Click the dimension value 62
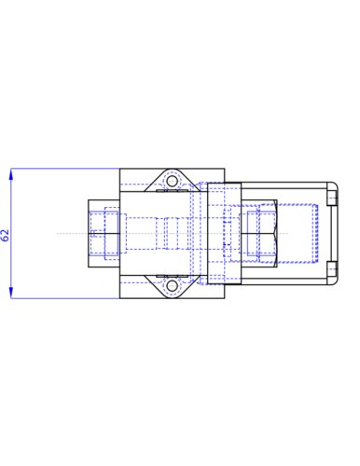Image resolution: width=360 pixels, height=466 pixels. coord(6,236)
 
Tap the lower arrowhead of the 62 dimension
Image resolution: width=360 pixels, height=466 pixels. coord(11,293)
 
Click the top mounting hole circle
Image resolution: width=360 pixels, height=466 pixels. coord(172,181)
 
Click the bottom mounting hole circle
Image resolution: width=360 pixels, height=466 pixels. coord(172,286)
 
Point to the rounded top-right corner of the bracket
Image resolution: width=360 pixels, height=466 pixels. coord(335,185)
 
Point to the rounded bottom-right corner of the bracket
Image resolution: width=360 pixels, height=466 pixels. coord(335,282)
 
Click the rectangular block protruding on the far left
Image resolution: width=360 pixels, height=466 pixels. coord(104,233)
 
